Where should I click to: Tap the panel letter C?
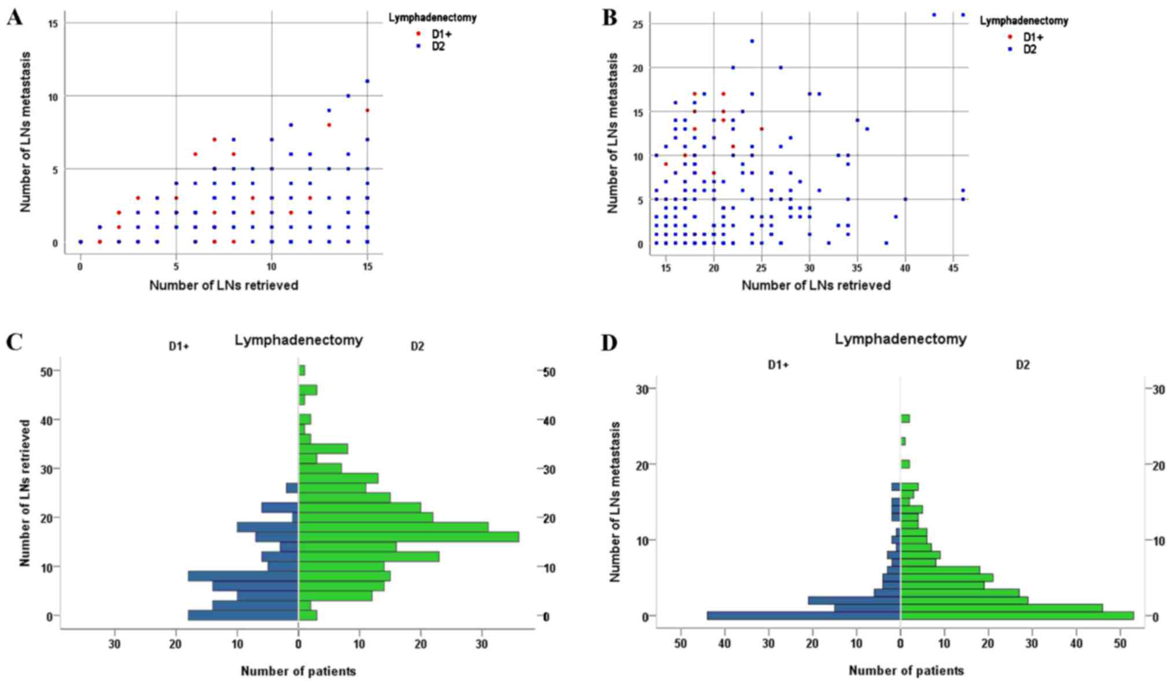pyautogui.click(x=14, y=343)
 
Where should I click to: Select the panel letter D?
pyautogui.click(x=610, y=343)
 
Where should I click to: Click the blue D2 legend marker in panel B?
pyautogui.click(x=1011, y=50)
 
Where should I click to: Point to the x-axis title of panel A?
pyautogui.click(x=224, y=285)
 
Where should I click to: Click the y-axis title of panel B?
pyautogui.click(x=613, y=133)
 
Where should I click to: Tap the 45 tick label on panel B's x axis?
pyautogui.click(x=953, y=268)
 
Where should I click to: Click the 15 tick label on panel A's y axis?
pyautogui.click(x=53, y=23)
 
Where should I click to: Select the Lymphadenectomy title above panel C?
pyautogui.click(x=299, y=340)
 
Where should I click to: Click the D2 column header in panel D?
pyautogui.click(x=1023, y=365)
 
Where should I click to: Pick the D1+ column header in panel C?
pyautogui.click(x=179, y=346)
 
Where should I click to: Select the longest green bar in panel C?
pyautogui.click(x=408, y=537)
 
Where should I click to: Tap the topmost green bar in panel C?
pyautogui.click(x=301, y=371)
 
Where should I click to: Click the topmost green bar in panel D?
pyautogui.click(x=905, y=419)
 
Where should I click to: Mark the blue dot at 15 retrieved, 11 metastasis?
pyautogui.click(x=367, y=81)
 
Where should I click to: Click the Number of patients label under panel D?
pyautogui.click(x=906, y=671)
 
